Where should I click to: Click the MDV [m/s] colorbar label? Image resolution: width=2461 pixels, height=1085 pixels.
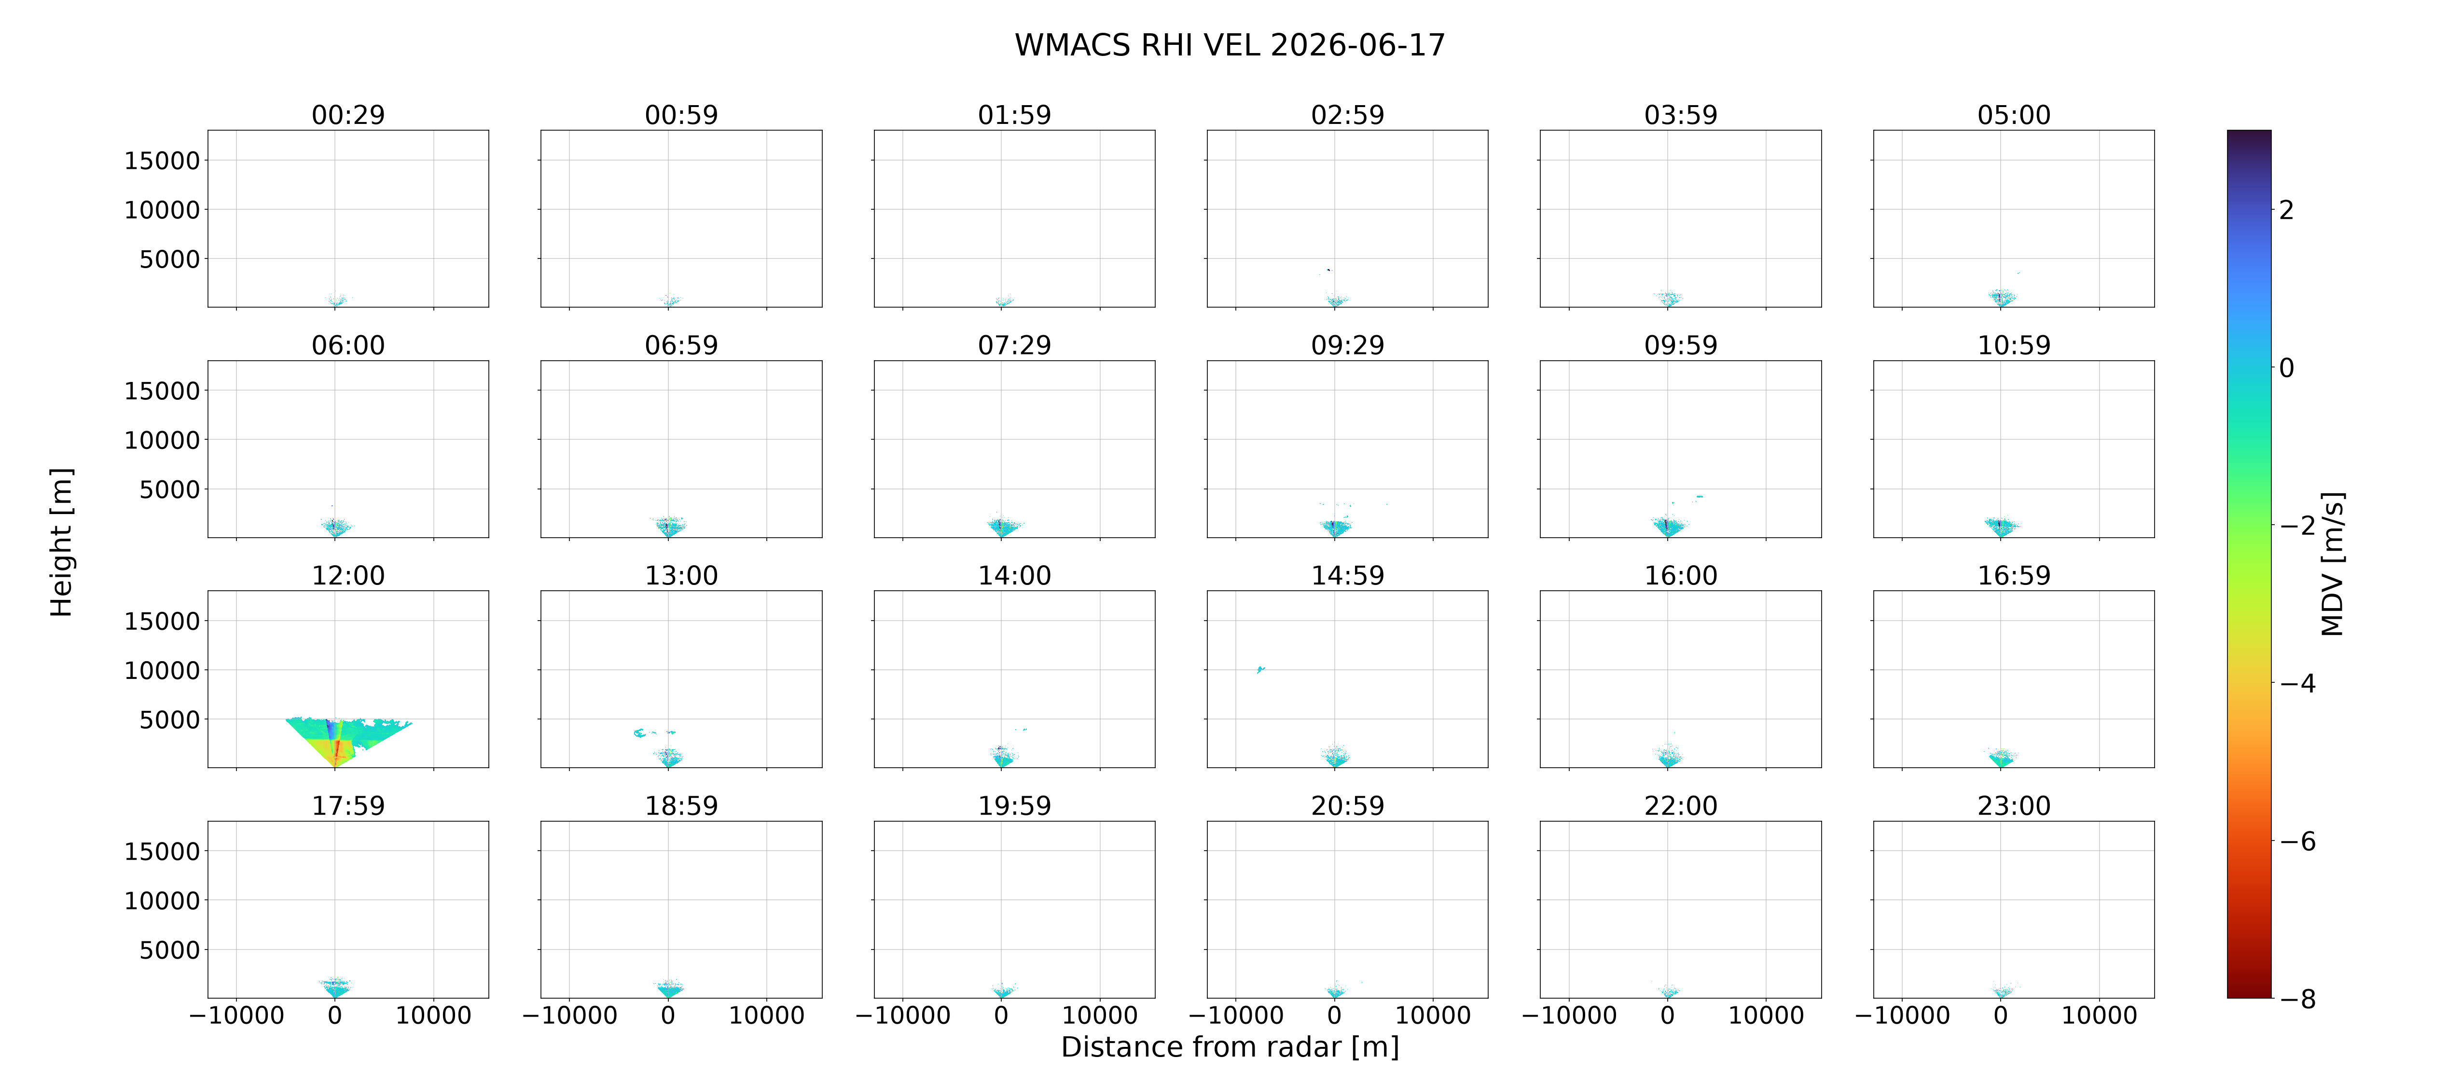click(x=2332, y=564)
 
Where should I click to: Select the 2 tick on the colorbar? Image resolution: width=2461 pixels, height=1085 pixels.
click(x=2286, y=210)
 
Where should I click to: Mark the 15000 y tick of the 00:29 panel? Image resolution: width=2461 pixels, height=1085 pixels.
click(x=163, y=161)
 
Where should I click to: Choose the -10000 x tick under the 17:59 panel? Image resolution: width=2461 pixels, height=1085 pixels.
click(x=237, y=1015)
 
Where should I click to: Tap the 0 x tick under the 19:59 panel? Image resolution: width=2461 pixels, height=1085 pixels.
click(x=1001, y=1015)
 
